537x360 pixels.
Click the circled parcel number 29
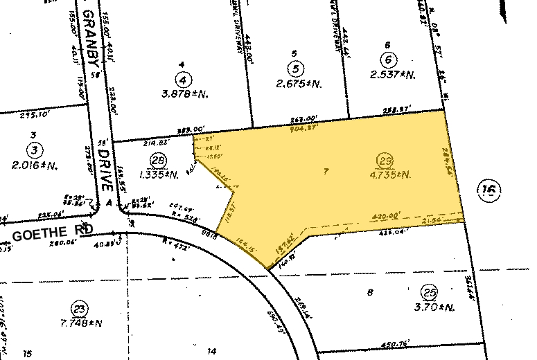click(384, 161)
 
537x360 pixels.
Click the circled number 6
click(390, 60)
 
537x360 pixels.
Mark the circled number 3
click(33, 148)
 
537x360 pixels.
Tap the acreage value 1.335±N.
click(159, 174)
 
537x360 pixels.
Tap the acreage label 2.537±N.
click(392, 75)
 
